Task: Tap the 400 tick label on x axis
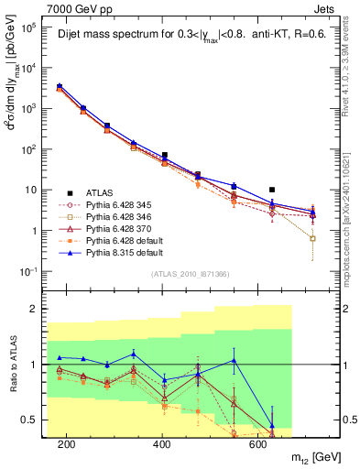(162, 443)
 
